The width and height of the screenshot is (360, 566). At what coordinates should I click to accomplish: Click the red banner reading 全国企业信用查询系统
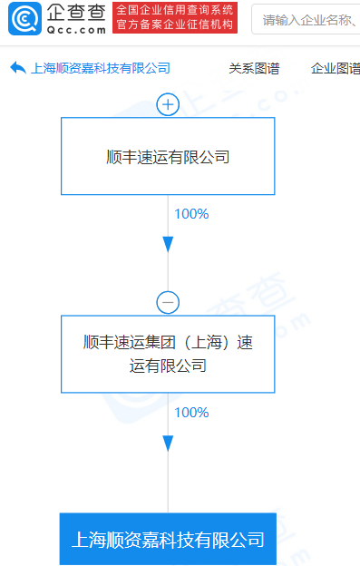pyautogui.click(x=174, y=11)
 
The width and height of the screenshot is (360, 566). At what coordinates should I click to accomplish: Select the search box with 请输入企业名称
pyautogui.click(x=308, y=18)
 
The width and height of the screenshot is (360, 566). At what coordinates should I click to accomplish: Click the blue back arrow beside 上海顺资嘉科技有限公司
pyautogui.click(x=17, y=68)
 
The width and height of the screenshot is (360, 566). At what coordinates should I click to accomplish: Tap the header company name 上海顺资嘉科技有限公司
pyautogui.click(x=101, y=68)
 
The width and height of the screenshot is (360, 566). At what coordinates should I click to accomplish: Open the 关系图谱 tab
pyautogui.click(x=254, y=68)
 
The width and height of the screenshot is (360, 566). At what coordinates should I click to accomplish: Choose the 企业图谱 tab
pyautogui.click(x=335, y=68)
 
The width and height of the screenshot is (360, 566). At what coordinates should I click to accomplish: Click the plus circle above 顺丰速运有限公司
pyautogui.click(x=168, y=104)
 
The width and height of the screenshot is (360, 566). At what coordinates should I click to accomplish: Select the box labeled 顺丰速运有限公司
pyautogui.click(x=168, y=156)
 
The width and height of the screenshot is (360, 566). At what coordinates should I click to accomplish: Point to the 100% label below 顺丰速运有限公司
pyautogui.click(x=190, y=214)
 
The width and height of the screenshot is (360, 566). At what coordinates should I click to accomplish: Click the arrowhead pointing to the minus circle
pyautogui.click(x=168, y=245)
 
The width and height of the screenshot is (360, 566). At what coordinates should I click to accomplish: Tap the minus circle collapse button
pyautogui.click(x=168, y=302)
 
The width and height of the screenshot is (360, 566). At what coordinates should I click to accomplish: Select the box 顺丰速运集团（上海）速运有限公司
pyautogui.click(x=168, y=354)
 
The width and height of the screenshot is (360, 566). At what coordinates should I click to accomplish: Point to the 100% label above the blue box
pyautogui.click(x=190, y=412)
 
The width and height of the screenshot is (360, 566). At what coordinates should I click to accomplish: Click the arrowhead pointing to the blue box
pyautogui.click(x=168, y=443)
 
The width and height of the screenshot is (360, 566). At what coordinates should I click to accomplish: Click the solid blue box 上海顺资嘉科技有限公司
pyautogui.click(x=168, y=540)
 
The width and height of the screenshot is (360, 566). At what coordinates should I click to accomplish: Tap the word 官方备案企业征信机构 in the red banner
pyautogui.click(x=174, y=25)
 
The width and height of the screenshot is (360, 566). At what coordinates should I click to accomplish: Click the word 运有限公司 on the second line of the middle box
pyautogui.click(x=168, y=366)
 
